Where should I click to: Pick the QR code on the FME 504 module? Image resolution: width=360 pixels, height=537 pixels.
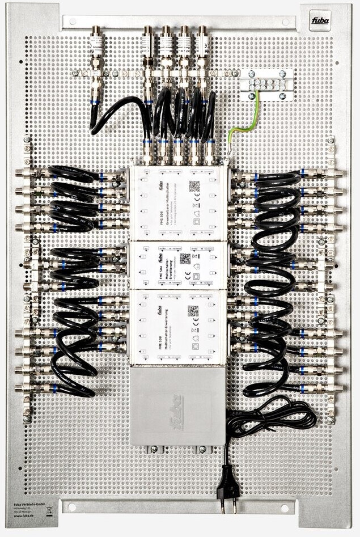coord(185,259)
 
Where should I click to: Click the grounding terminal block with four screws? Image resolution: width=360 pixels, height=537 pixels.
coord(266,84)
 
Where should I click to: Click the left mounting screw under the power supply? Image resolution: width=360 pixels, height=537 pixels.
coord(152,450)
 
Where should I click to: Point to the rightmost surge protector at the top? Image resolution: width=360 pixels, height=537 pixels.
coord(202,43)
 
